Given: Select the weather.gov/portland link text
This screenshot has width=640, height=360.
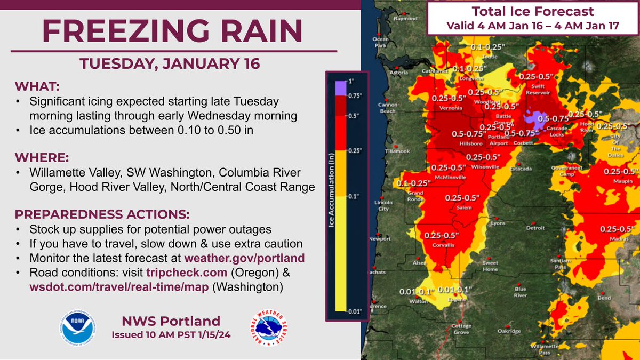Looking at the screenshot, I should (244, 258).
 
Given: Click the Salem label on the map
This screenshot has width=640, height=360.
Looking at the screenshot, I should (464, 207).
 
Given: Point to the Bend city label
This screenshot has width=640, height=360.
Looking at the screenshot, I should (604, 298).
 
